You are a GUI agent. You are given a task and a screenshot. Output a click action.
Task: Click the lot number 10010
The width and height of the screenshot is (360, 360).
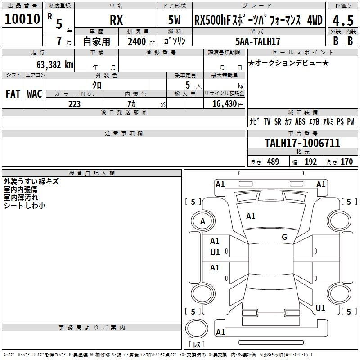click(x=22, y=19)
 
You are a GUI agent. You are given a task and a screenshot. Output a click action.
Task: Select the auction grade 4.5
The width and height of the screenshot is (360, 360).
click(x=343, y=21)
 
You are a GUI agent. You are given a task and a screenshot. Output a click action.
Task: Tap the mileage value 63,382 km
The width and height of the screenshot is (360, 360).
click(x=55, y=65)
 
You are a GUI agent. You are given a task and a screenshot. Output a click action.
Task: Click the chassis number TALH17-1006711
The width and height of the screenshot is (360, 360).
click(x=302, y=143)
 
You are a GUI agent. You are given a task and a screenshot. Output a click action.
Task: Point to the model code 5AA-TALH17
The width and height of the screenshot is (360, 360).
click(x=258, y=41)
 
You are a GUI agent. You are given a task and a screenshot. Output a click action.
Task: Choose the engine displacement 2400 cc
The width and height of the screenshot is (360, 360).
click(x=141, y=41)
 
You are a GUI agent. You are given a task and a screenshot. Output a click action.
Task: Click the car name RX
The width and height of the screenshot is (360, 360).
click(x=117, y=20)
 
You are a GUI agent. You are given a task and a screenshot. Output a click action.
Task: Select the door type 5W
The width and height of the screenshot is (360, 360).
click(x=174, y=20)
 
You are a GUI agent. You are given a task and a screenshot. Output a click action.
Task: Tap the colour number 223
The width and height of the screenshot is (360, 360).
click(x=74, y=104)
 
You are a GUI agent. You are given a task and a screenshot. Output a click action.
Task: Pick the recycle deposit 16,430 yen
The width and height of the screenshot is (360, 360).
click(x=228, y=104)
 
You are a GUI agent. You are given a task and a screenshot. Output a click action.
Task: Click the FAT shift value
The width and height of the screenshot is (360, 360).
click(x=13, y=94)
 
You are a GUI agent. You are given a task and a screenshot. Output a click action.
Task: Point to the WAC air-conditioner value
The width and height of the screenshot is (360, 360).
click(x=35, y=94)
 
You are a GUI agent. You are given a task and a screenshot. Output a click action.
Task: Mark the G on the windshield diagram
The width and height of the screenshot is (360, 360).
click(x=284, y=237)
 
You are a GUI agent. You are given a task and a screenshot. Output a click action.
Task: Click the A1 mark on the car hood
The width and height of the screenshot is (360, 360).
click(x=251, y=216)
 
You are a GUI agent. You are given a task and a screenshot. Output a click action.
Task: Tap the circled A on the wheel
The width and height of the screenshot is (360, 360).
click(x=203, y=221)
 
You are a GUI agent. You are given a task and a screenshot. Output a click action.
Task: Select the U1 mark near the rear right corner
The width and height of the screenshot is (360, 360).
click(x=320, y=308)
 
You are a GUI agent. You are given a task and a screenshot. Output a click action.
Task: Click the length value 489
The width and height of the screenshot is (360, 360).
click(x=273, y=162)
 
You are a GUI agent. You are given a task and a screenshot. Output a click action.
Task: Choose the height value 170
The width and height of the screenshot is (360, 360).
click(x=346, y=162)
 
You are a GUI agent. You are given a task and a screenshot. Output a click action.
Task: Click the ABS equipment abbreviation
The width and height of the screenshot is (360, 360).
click(x=300, y=121)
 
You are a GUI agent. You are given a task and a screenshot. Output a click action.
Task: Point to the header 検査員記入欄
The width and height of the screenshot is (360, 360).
click(x=92, y=173)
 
